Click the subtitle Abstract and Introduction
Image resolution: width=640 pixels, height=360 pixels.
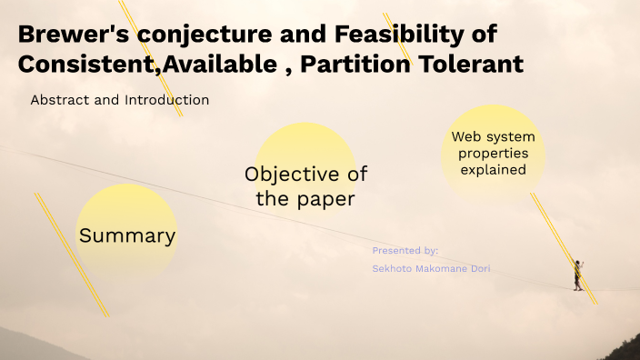(x=119, y=100)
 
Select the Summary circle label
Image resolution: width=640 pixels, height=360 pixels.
(x=126, y=235)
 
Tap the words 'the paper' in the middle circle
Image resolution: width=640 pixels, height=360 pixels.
(x=305, y=199)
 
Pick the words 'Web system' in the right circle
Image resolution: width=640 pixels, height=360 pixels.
(x=493, y=137)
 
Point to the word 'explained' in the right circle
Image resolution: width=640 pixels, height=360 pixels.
(x=493, y=169)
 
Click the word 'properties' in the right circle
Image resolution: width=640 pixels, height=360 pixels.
(x=493, y=154)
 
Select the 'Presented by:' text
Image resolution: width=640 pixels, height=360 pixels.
(x=405, y=250)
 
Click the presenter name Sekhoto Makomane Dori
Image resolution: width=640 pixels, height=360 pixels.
(x=431, y=268)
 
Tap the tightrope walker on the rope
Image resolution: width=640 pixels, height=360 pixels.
(x=576, y=275)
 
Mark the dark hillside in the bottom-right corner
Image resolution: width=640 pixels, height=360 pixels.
(x=618, y=349)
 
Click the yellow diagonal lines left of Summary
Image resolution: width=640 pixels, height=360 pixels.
(x=71, y=255)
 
